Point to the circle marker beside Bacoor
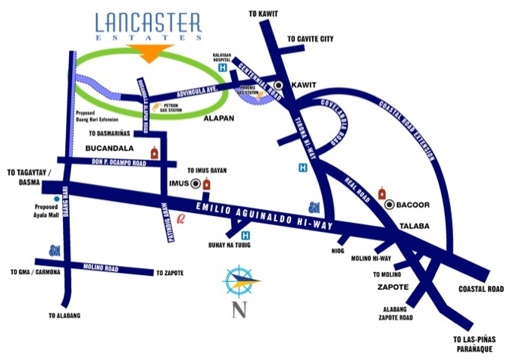pyautogui.click(x=389, y=204)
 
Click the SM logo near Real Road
pyautogui.click(x=314, y=206)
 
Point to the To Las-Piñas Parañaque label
pyautogui.click(x=477, y=344)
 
